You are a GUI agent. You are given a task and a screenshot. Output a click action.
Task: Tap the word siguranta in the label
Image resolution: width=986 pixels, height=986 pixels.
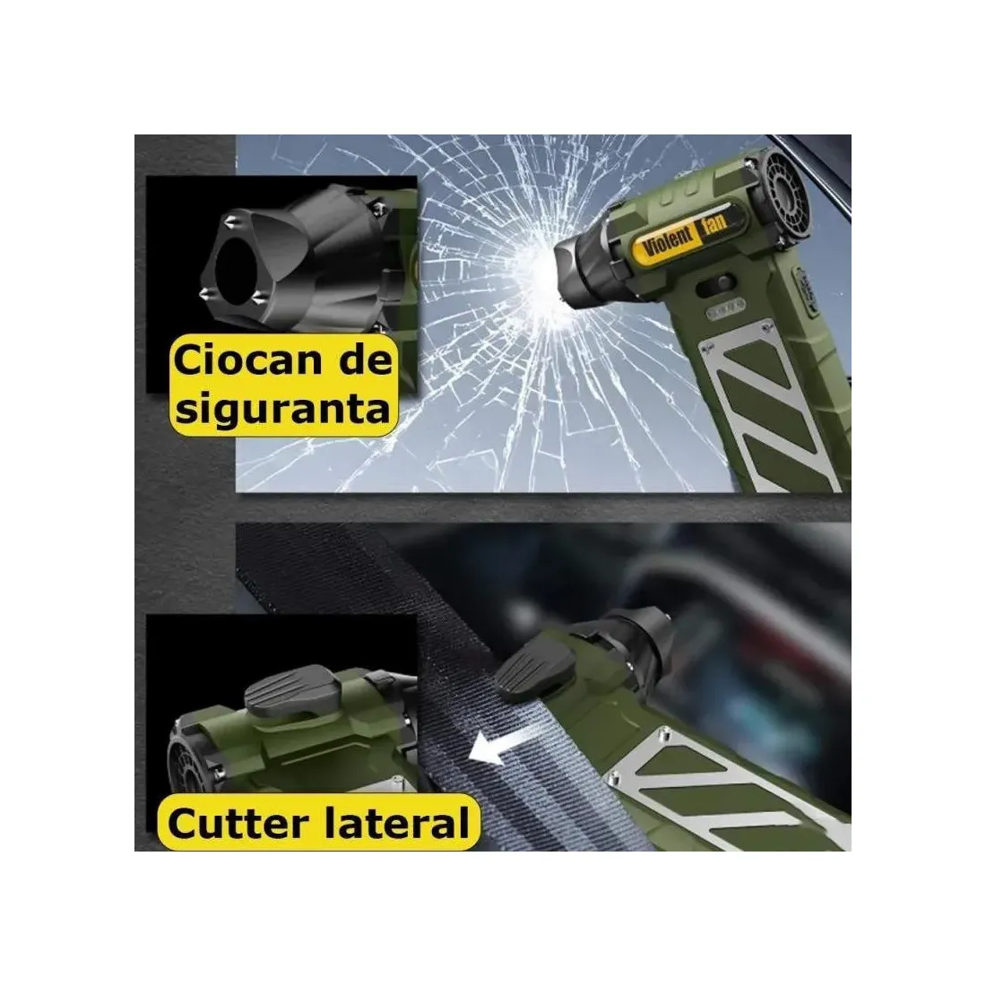point(282,410)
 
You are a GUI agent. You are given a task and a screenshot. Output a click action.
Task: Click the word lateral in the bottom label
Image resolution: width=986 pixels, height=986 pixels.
point(395,823)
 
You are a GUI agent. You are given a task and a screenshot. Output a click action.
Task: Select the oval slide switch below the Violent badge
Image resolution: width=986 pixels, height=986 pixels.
point(716,283)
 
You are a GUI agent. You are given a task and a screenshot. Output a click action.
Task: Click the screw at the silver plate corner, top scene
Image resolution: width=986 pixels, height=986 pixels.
point(765,326)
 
